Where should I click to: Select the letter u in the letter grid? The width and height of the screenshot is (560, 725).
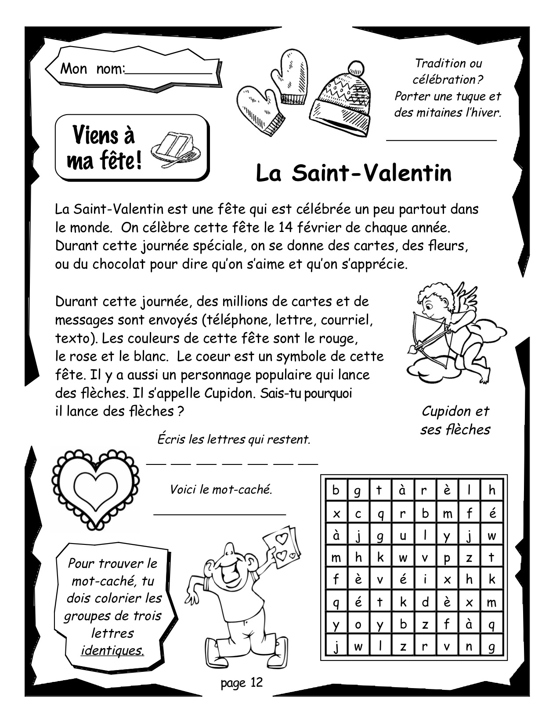pyautogui.click(x=403, y=536)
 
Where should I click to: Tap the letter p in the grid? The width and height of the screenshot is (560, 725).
pyautogui.click(x=447, y=558)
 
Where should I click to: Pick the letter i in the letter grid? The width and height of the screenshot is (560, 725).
pyautogui.click(x=425, y=580)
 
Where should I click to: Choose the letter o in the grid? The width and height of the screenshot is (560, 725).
pyautogui.click(x=358, y=624)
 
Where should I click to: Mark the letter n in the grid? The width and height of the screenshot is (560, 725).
pyautogui.click(x=469, y=646)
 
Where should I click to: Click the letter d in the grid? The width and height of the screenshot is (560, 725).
pyautogui.click(x=425, y=602)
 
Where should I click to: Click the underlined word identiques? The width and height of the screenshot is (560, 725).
pyautogui.click(x=112, y=650)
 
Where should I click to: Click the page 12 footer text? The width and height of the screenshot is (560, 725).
pyautogui.click(x=242, y=682)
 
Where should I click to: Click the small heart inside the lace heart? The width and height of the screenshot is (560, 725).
pyautogui.click(x=95, y=486)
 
